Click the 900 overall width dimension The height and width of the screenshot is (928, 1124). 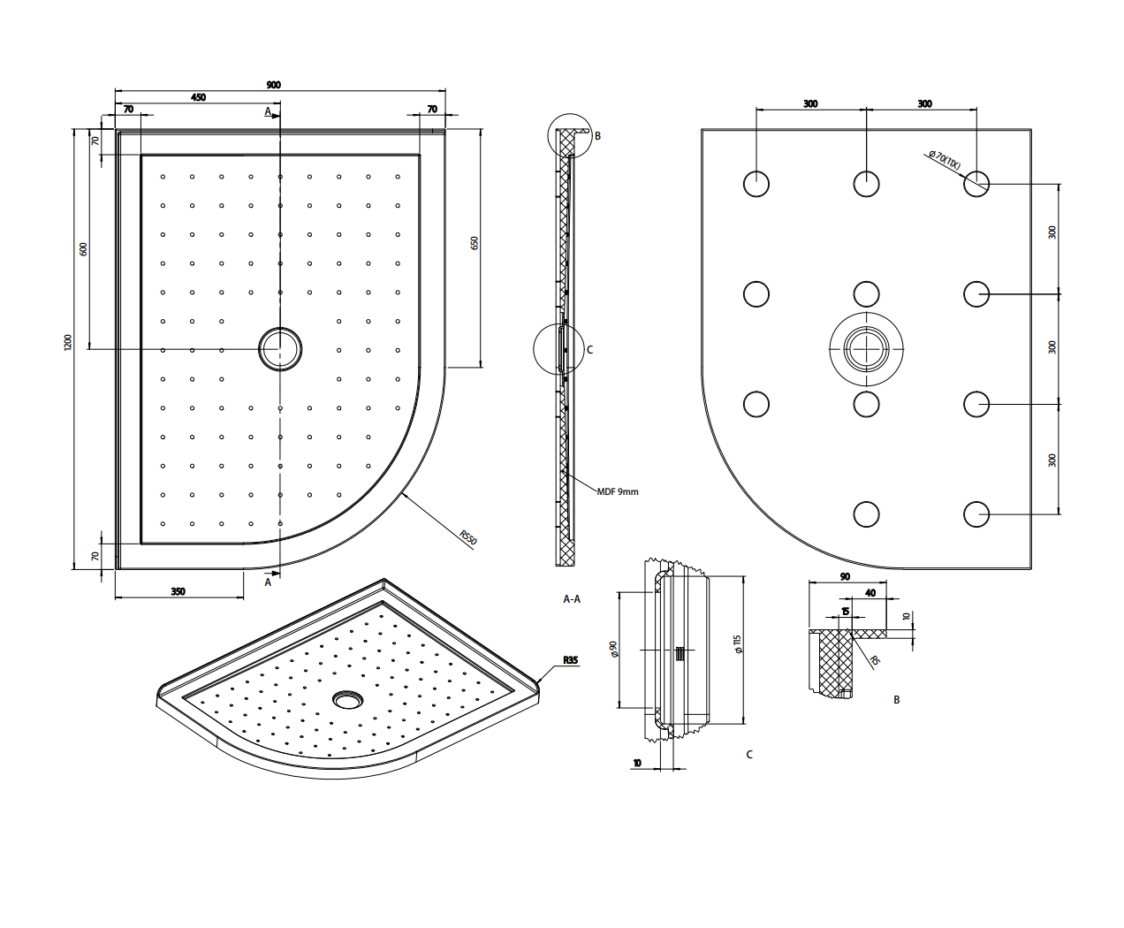pyautogui.click(x=273, y=85)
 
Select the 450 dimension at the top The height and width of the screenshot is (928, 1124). pyautogui.click(x=198, y=97)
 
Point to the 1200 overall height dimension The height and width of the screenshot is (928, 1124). pyautogui.click(x=68, y=342)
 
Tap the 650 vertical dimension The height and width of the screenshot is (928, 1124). pyautogui.click(x=475, y=242)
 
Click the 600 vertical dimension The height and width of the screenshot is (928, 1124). pyautogui.click(x=84, y=248)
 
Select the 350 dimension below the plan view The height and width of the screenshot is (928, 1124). pyautogui.click(x=178, y=591)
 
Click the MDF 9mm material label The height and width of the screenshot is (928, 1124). pyautogui.click(x=617, y=491)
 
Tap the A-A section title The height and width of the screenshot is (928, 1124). pyautogui.click(x=572, y=599)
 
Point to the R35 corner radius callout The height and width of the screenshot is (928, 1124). pyautogui.click(x=570, y=660)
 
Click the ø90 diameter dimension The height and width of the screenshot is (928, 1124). pyautogui.click(x=612, y=650)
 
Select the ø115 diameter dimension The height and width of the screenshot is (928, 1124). pyautogui.click(x=737, y=644)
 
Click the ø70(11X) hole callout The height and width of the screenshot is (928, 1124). pyautogui.click(x=944, y=161)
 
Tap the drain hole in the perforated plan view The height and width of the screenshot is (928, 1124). pyautogui.click(x=280, y=348)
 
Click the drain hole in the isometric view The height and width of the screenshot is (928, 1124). pyautogui.click(x=346, y=700)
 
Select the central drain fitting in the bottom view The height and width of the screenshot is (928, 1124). pyautogui.click(x=866, y=348)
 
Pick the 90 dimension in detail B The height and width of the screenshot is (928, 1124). pyautogui.click(x=845, y=576)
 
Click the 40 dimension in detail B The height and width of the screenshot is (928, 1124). pyautogui.click(x=870, y=593)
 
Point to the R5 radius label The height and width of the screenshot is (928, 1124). pyautogui.click(x=875, y=660)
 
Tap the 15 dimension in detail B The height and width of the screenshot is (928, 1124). pyautogui.click(x=846, y=611)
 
